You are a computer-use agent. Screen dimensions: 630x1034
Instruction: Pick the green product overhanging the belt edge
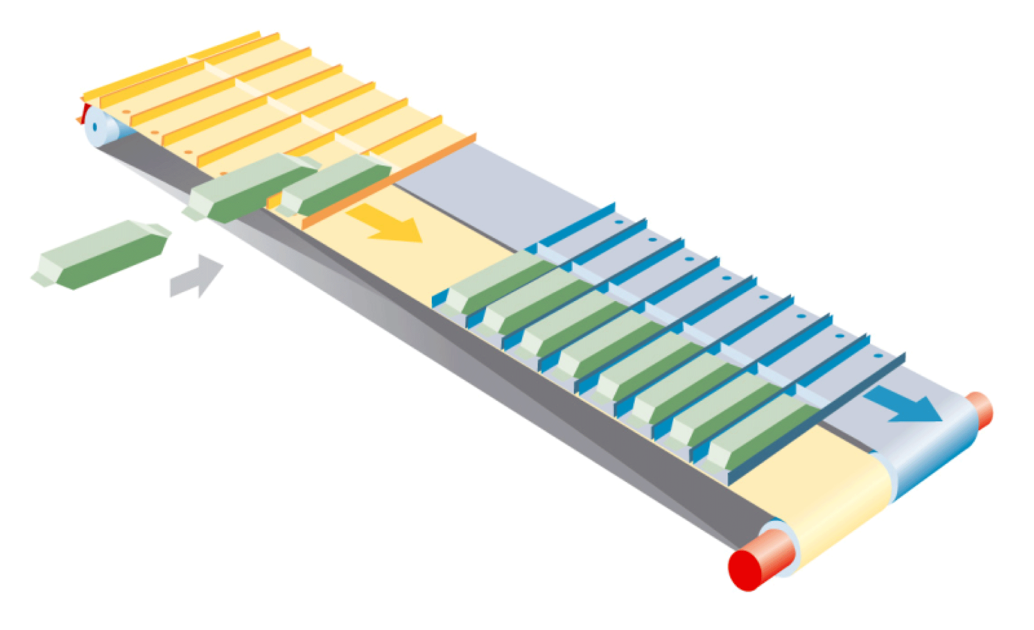251,188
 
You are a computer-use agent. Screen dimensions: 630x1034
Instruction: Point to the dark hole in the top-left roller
95,127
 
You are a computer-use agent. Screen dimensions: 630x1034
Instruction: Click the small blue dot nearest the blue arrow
878,356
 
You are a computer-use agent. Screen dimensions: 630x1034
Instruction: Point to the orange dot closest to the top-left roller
127,112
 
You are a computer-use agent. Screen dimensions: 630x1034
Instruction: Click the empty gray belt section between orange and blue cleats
494,188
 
